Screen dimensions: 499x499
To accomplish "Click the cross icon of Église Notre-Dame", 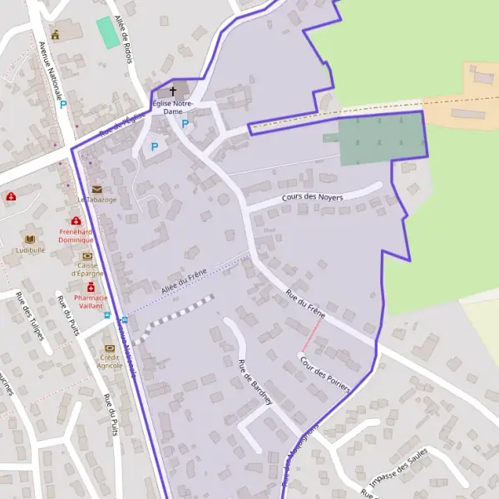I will click(x=174, y=91).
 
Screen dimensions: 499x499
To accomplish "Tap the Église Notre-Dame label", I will click(x=173, y=106).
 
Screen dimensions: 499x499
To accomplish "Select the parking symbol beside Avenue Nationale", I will click(x=63, y=106).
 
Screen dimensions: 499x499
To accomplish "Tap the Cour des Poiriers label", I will click(x=324, y=375).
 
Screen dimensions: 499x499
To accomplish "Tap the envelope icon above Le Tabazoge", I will click(x=97, y=190).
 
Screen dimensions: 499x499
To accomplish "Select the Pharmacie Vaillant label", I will click(x=91, y=301).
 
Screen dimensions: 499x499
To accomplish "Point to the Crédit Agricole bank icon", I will click(x=109, y=348).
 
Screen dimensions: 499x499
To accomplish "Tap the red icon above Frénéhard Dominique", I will click(x=77, y=221).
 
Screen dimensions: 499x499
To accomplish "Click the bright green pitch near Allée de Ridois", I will click(x=106, y=32).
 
